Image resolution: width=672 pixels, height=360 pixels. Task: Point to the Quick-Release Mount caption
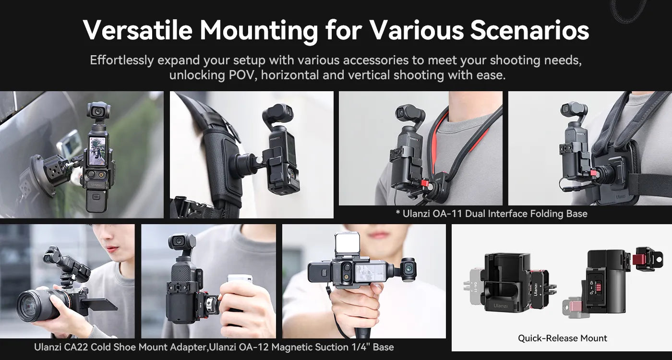coord(562,338)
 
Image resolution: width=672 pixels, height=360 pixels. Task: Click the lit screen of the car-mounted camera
coord(97,151)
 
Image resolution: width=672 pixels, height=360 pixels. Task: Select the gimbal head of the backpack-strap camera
coord(277,115)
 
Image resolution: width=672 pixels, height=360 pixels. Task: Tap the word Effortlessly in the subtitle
coord(122,61)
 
